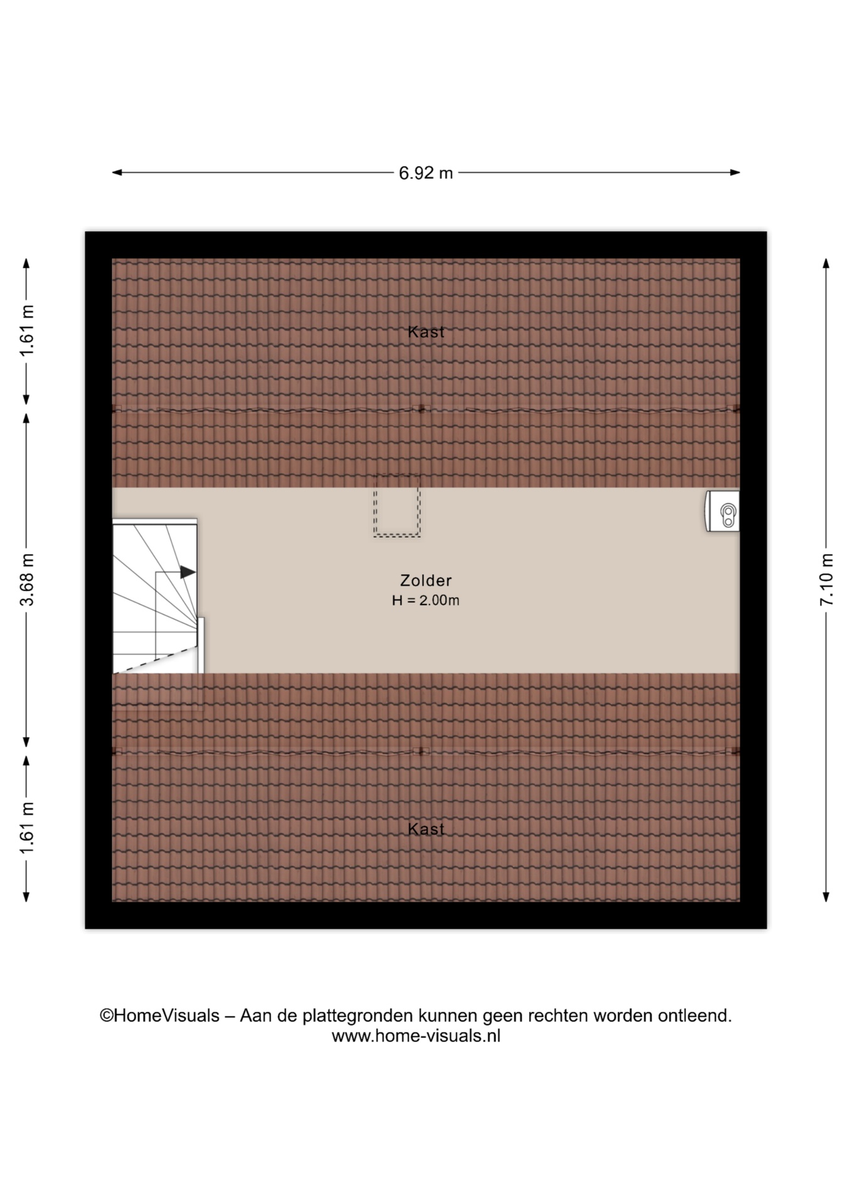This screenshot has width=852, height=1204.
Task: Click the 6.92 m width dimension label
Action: [x=425, y=172]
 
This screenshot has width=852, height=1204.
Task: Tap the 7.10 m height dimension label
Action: [x=826, y=580]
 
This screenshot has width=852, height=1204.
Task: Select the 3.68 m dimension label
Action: [x=27, y=580]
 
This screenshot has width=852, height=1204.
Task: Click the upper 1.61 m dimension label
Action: [x=27, y=330]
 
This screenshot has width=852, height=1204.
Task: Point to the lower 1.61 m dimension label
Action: [x=27, y=828]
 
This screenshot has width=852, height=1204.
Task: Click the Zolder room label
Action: [x=426, y=581]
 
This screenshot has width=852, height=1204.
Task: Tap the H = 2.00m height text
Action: [x=426, y=601]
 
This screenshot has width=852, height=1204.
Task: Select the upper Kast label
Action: [x=426, y=332]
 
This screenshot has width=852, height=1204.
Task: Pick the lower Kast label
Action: [x=426, y=829]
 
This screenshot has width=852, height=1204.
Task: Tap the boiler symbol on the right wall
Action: [x=723, y=511]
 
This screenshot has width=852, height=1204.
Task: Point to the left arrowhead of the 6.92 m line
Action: [x=117, y=172]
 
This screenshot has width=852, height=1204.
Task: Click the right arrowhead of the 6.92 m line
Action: [x=735, y=172]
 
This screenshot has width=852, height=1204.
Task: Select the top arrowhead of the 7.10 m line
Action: [x=826, y=263]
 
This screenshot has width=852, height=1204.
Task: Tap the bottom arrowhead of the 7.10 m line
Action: [x=826, y=897]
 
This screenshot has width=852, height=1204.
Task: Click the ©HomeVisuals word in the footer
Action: [x=160, y=1015]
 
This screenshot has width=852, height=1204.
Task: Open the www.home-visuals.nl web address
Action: [x=416, y=1036]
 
